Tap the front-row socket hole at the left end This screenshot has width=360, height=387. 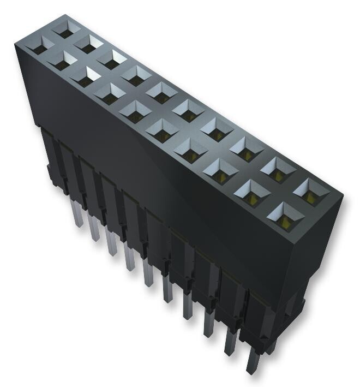click(x=39, y=48)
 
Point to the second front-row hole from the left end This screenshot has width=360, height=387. click(x=63, y=62)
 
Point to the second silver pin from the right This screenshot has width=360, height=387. click(x=229, y=343)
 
